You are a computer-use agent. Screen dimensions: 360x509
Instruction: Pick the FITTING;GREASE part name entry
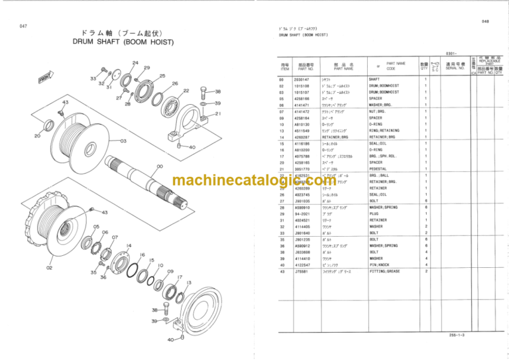385,271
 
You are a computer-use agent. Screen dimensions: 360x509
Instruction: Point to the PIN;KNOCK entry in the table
380,265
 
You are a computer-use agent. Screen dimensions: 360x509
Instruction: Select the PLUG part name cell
374,213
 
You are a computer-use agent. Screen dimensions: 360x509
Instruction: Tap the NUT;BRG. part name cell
380,111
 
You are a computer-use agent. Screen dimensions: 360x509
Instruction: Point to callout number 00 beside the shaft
160,167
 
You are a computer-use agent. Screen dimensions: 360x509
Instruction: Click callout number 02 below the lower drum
50,268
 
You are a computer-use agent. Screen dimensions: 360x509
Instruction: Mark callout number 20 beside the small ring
36,136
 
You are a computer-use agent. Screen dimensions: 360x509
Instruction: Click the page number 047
23,26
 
